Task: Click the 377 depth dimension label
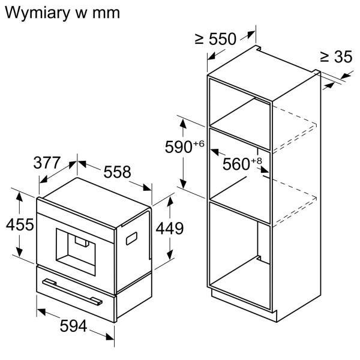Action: pos(47,163)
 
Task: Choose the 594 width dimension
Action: pos(74,326)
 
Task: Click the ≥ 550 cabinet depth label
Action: pos(215,39)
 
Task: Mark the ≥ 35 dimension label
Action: pos(335,57)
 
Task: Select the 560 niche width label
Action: pos(236,163)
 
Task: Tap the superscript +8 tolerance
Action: pos(256,160)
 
